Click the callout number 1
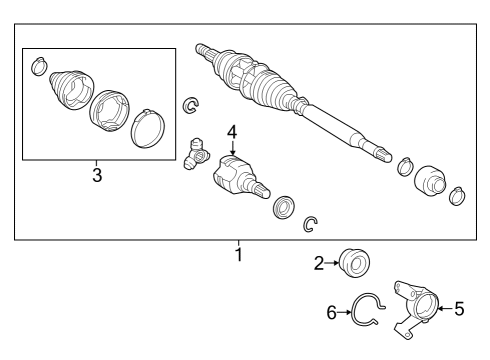click(238, 254)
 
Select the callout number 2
click(319, 264)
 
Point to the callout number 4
click(231, 131)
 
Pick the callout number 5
click(459, 309)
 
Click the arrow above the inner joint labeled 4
click(231, 148)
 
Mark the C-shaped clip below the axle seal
click(310, 225)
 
